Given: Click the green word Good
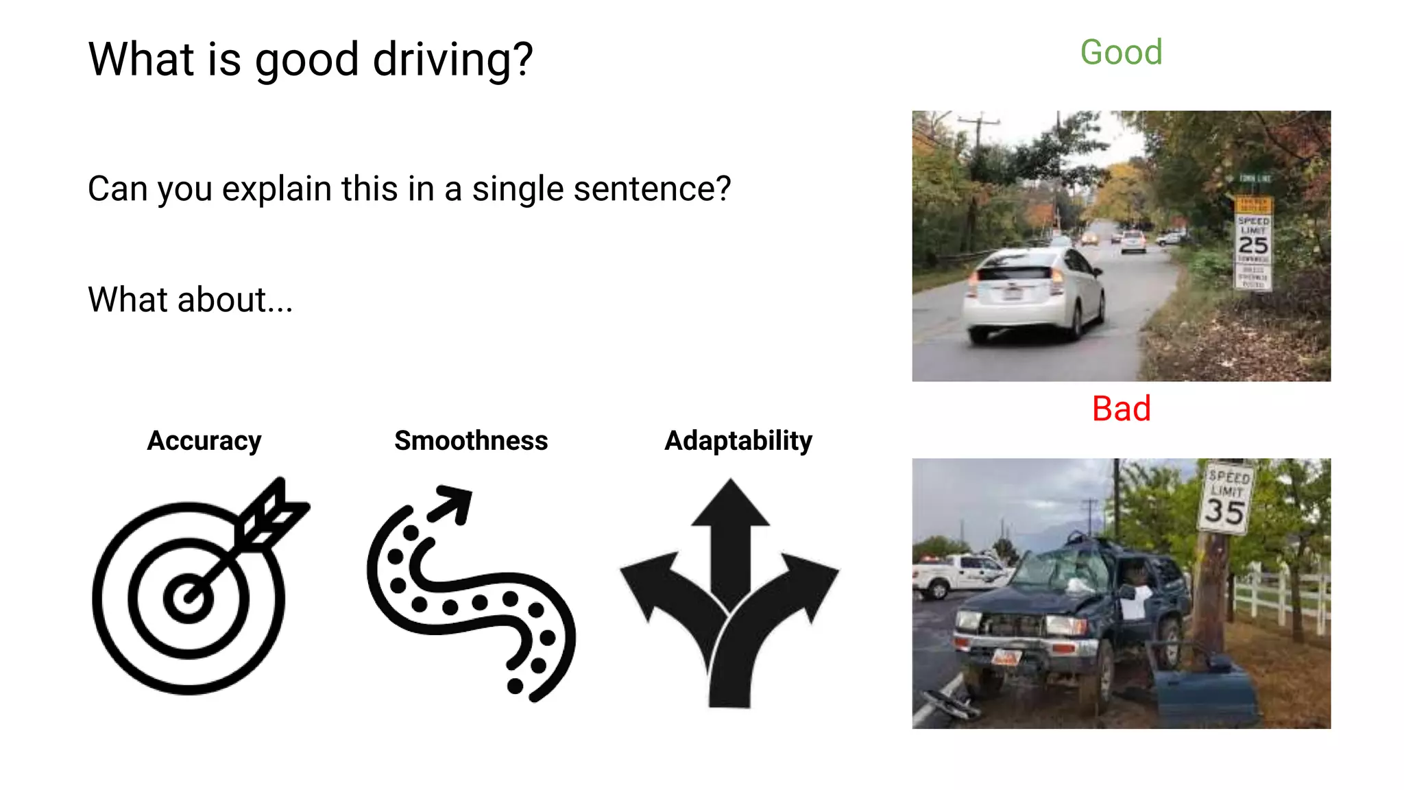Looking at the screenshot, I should pyautogui.click(x=1121, y=53).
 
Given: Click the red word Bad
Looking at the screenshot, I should pyautogui.click(x=1121, y=409).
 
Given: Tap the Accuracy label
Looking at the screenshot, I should pyautogui.click(x=204, y=440).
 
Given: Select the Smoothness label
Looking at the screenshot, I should pyautogui.click(x=471, y=440).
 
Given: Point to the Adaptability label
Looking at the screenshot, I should pyautogui.click(x=738, y=440).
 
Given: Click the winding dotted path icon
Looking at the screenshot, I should pyautogui.click(x=471, y=593).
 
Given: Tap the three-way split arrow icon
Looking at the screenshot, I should pyautogui.click(x=729, y=593).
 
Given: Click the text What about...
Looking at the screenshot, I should pyautogui.click(x=190, y=300).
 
